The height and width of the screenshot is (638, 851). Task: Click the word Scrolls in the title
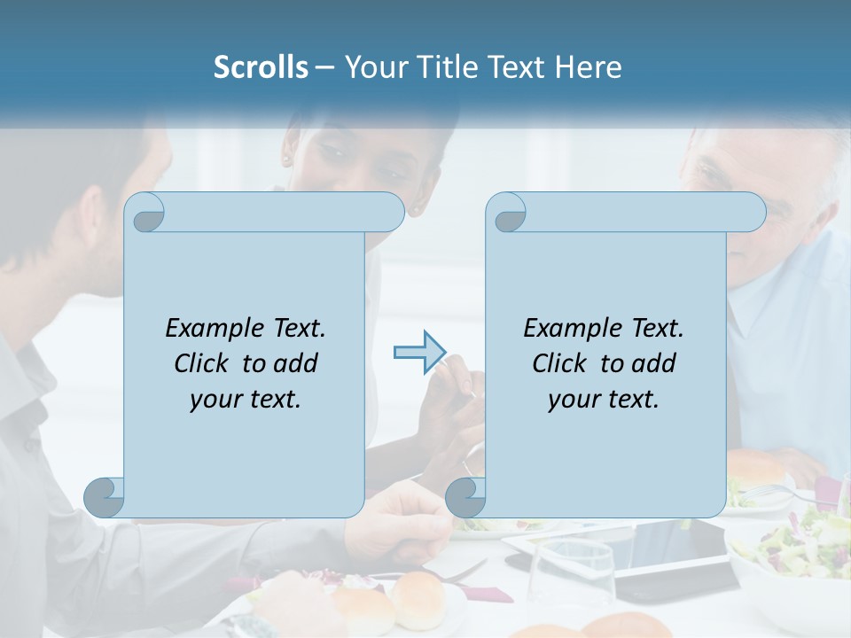click(261, 67)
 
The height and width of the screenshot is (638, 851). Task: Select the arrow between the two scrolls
click(419, 352)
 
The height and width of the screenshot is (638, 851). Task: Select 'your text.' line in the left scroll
click(246, 399)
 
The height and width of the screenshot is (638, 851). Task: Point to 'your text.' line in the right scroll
click(604, 399)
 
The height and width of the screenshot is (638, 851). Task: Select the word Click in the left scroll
click(200, 363)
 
